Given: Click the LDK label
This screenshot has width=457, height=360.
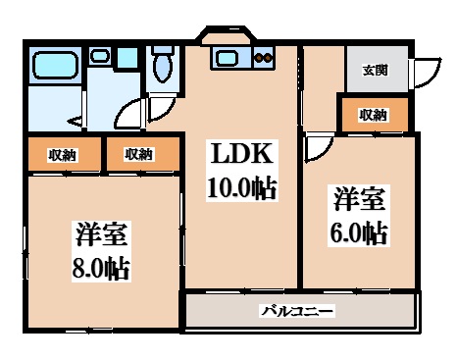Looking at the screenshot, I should tap(238, 154).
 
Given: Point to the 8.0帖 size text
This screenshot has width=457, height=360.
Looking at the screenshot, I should tap(102, 266).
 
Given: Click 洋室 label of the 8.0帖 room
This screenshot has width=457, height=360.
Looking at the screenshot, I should tap(102, 236).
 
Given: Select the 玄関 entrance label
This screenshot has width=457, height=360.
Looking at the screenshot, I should tap(374, 70).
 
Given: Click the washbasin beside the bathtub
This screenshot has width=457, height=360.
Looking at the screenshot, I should tap(100, 57).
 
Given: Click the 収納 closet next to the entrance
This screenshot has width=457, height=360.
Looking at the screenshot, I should tap(373, 115).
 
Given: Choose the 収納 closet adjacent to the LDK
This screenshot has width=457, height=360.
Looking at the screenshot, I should tap(138, 154).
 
